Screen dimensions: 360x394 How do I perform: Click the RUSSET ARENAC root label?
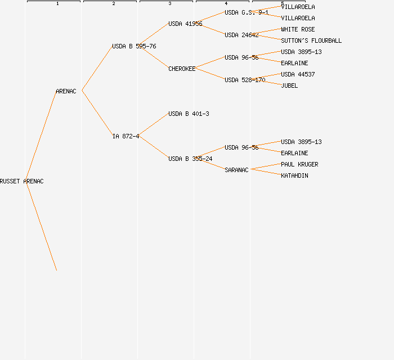21,181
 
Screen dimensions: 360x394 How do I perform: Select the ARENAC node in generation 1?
66,91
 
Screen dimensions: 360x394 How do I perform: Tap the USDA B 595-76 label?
134,46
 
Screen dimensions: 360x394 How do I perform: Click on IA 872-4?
126,136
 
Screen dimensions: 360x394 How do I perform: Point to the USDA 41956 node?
185,24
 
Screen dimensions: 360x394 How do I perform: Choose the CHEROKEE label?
182,69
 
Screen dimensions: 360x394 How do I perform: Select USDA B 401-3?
189,114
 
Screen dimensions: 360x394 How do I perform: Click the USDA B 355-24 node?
190,159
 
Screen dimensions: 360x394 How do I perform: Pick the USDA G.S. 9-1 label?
247,12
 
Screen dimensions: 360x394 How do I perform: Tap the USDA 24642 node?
241,35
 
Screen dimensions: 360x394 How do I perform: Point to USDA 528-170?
245,80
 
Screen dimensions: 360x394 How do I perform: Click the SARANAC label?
236,170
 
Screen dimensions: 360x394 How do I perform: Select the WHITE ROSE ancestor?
298,29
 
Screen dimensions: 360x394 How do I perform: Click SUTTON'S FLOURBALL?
311,40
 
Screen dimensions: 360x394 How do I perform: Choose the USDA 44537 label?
298,74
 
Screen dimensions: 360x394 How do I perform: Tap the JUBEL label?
289,85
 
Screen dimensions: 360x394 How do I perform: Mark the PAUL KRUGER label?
299,164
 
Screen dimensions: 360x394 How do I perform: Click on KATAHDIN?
294,175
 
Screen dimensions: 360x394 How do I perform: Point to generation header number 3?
170,4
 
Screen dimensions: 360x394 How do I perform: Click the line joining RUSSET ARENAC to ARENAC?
41,136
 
